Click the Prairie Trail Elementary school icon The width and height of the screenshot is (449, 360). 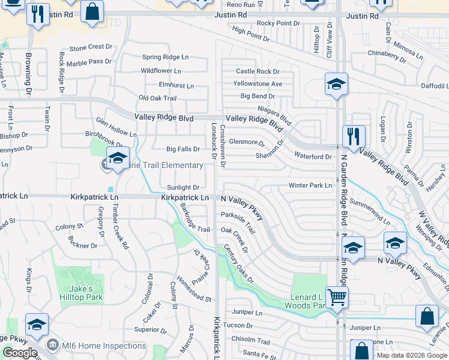point(118,158)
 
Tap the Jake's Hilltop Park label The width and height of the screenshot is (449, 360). point(81,293)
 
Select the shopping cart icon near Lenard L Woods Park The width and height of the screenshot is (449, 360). point(337,296)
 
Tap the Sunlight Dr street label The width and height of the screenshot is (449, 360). point(183,188)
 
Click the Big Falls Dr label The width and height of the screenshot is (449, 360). point(183,149)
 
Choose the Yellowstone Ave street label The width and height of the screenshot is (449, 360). point(258,84)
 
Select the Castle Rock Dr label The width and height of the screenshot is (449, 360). point(258,71)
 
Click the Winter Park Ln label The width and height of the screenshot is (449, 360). point(310,185)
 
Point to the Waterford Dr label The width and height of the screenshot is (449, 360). point(313,157)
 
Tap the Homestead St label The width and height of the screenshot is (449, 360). point(192,295)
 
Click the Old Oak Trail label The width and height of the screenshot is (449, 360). point(157,98)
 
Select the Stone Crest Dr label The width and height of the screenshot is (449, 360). point(91,47)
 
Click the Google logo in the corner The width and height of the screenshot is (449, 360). point(20,353)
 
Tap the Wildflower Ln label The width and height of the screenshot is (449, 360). point(160,71)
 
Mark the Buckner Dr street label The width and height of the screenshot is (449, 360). point(82,246)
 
